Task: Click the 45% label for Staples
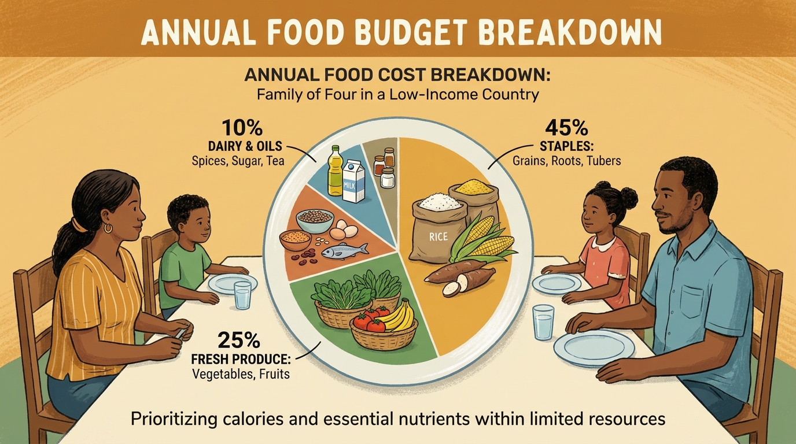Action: point(566,128)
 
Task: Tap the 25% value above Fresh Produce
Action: point(239,339)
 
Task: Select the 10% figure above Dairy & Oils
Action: point(242,128)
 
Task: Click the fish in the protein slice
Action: point(345,252)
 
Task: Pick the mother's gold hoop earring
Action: point(108,227)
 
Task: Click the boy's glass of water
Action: point(243,295)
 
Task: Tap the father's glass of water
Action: point(543,322)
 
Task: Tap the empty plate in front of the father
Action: point(594,347)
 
